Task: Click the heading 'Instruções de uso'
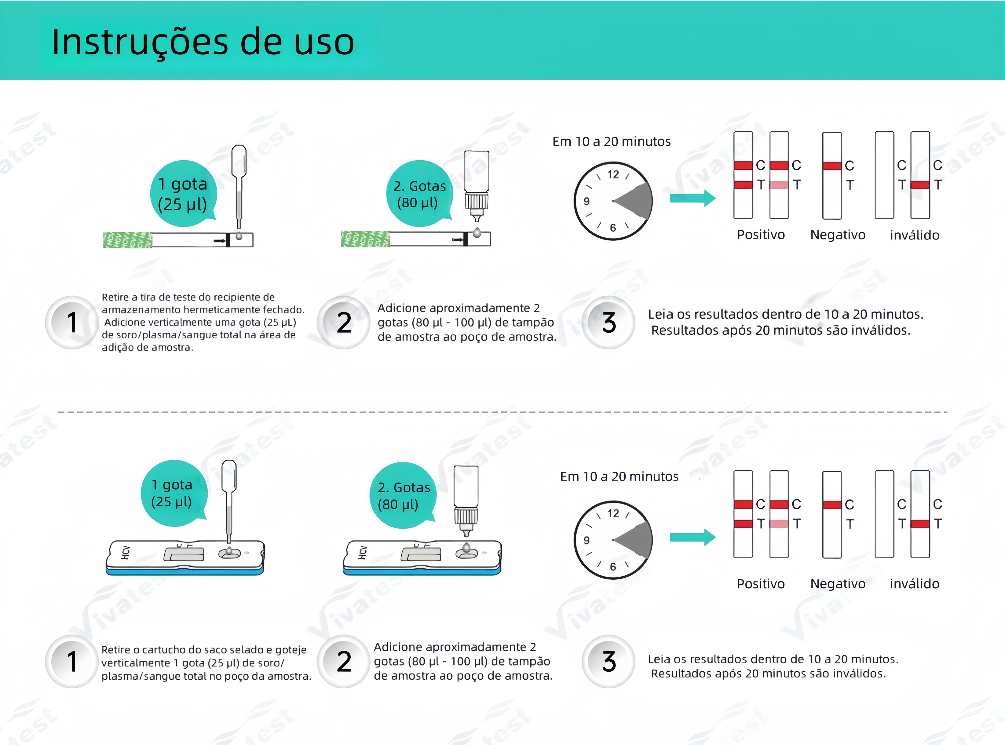[x=203, y=42]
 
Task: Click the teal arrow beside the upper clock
[x=692, y=198]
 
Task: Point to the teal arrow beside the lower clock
[x=692, y=537]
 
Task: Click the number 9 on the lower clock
[x=586, y=540]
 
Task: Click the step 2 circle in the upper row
[x=344, y=322]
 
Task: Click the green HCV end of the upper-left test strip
[x=128, y=240]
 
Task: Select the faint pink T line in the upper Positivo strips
[x=779, y=184]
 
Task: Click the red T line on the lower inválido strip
[x=920, y=524]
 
